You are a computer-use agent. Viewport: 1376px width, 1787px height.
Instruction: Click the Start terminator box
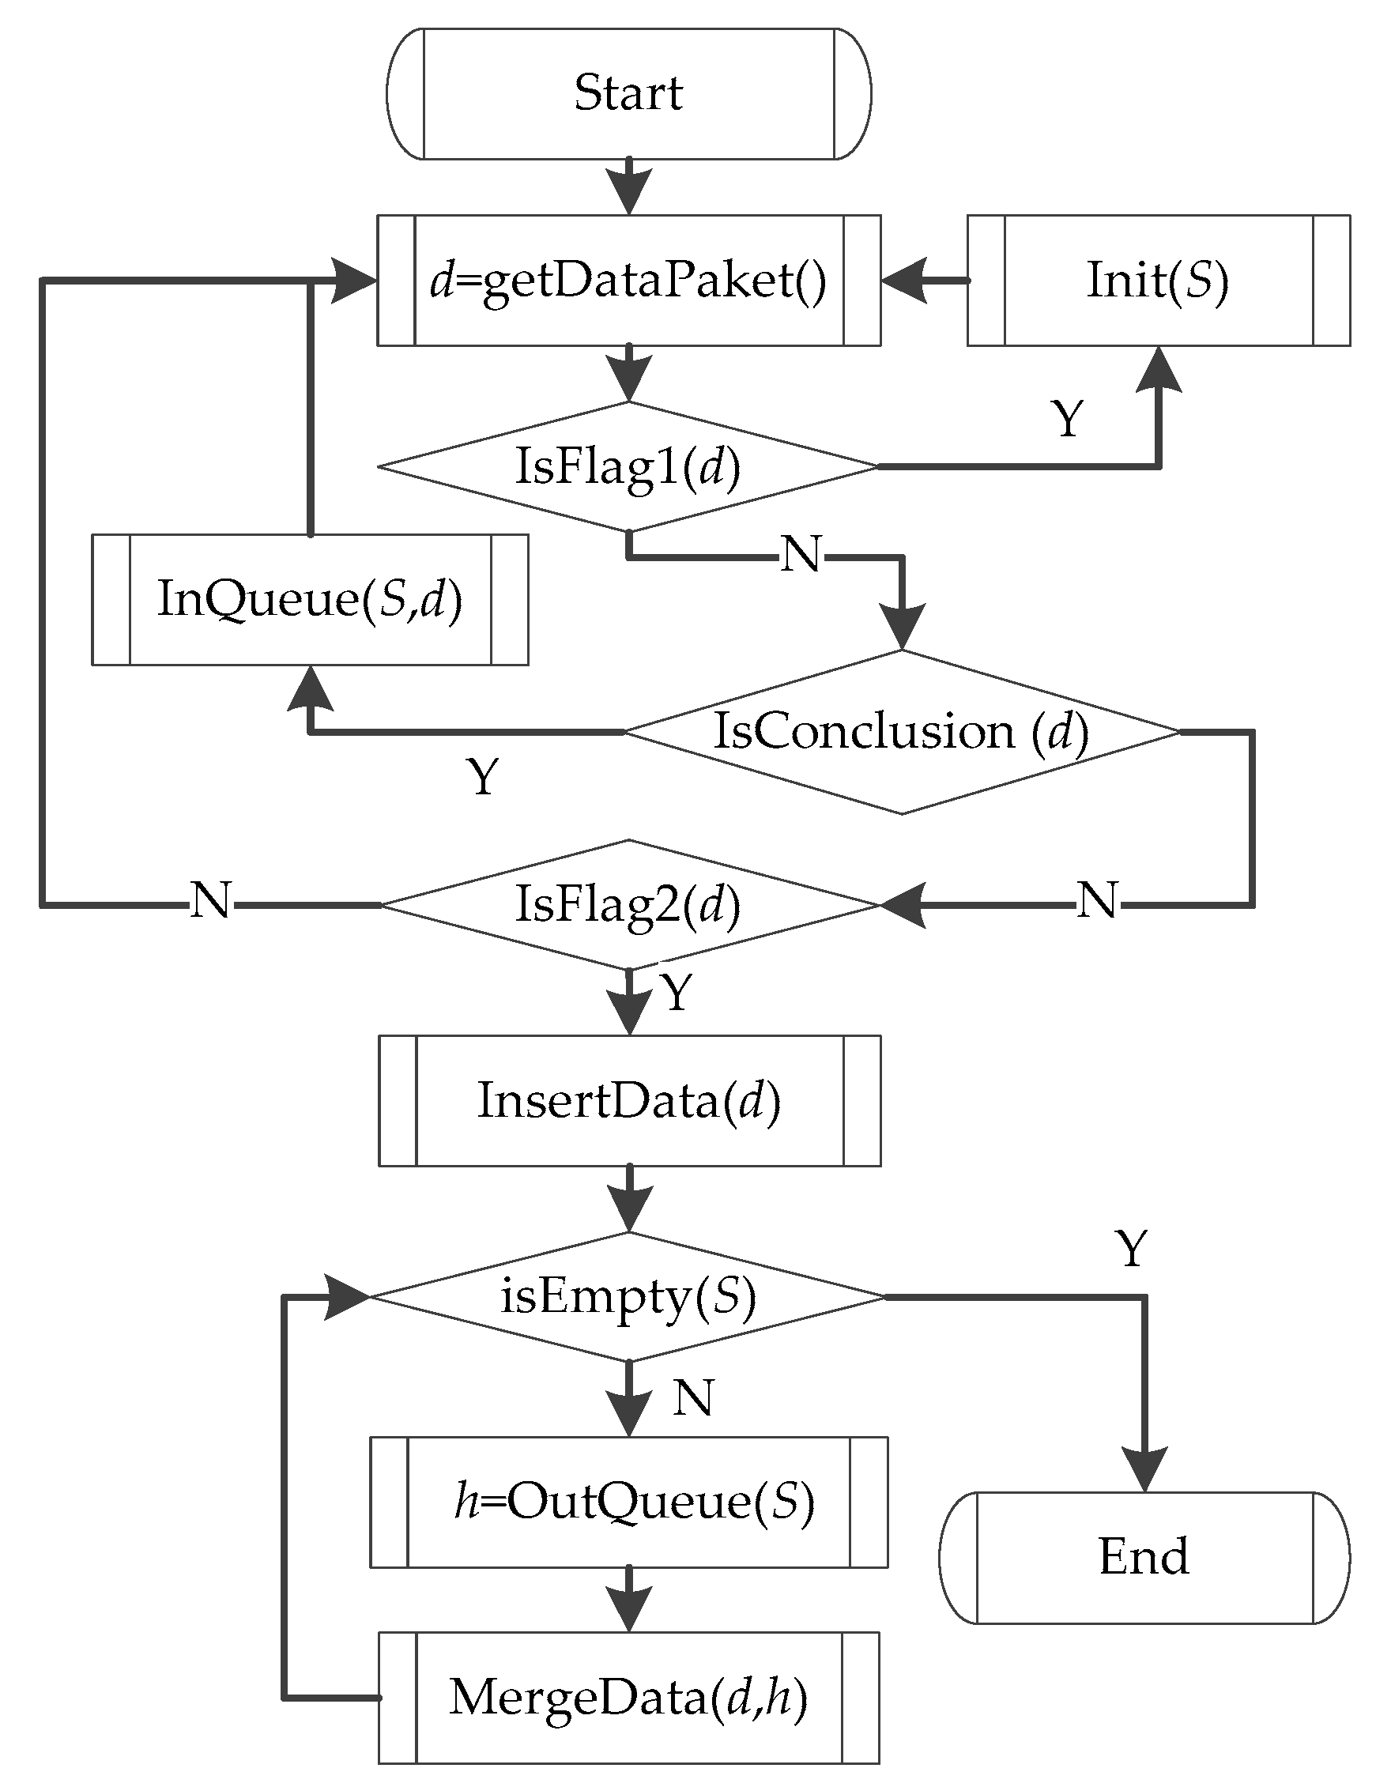tap(628, 93)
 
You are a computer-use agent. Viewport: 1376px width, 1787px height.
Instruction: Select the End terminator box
tap(1144, 1557)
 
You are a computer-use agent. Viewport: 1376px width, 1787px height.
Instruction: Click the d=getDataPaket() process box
tap(628, 281)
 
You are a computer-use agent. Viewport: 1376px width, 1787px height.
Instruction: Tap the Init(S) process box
tap(1158, 281)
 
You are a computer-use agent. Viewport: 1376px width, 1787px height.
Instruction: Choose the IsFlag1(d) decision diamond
tap(628, 466)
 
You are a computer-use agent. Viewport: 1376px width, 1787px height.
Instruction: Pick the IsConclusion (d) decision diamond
tap(902, 732)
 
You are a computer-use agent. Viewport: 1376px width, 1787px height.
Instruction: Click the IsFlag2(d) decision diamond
tap(628, 904)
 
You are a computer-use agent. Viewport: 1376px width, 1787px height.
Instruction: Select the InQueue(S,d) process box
tap(309, 599)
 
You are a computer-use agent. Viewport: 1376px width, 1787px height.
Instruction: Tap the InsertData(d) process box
tap(628, 1100)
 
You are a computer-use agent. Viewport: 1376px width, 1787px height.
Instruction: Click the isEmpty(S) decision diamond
tap(628, 1297)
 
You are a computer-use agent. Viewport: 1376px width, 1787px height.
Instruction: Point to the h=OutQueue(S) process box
tap(628, 1502)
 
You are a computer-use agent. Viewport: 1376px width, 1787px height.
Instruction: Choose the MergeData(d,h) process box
tap(628, 1698)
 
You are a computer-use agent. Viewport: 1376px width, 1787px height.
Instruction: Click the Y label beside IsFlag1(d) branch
tap(1067, 419)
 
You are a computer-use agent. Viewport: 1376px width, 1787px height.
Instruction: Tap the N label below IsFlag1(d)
tap(800, 555)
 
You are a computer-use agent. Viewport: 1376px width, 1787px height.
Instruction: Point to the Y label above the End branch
tap(1132, 1250)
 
